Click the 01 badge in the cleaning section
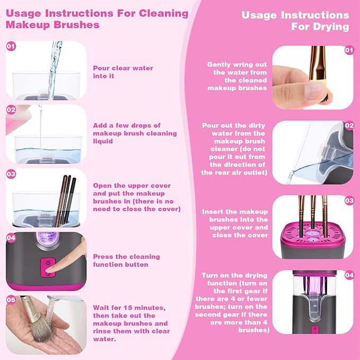(x=11, y=47)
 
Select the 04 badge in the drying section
(x=348, y=275)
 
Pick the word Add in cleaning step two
(x=100, y=125)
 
